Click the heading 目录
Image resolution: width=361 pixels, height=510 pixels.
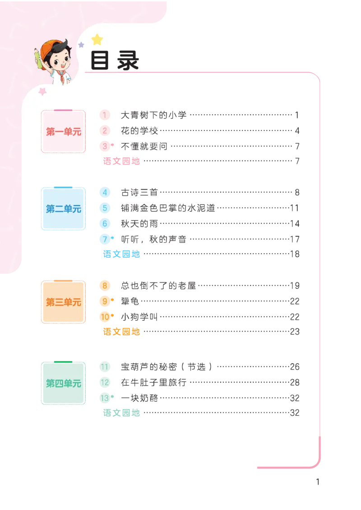click(114, 60)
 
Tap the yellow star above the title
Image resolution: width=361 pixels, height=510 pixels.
click(97, 40)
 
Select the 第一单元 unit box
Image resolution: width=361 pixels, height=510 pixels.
click(63, 132)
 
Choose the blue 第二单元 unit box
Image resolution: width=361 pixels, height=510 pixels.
click(63, 209)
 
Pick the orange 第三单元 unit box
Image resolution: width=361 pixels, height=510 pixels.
click(63, 302)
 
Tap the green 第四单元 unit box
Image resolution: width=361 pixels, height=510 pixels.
click(63, 383)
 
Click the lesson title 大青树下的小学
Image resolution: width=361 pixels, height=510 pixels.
click(154, 115)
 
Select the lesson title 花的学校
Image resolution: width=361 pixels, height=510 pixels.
click(139, 130)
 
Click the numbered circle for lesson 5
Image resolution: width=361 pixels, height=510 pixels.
click(105, 208)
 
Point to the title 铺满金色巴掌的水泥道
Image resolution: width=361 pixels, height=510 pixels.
click(168, 208)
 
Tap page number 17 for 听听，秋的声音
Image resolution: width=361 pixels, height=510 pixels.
click(295, 239)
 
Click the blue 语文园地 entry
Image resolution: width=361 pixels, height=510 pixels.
click(121, 254)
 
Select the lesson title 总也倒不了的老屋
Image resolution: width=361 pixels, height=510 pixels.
click(159, 286)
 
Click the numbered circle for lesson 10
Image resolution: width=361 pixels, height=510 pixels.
click(105, 316)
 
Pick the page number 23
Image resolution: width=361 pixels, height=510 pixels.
click(295, 332)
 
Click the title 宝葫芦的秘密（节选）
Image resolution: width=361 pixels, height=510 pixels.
click(167, 367)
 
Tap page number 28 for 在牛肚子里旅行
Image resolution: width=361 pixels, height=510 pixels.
click(295, 382)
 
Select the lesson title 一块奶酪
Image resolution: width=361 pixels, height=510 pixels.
click(139, 398)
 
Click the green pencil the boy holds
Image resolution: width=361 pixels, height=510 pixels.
click(38, 58)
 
